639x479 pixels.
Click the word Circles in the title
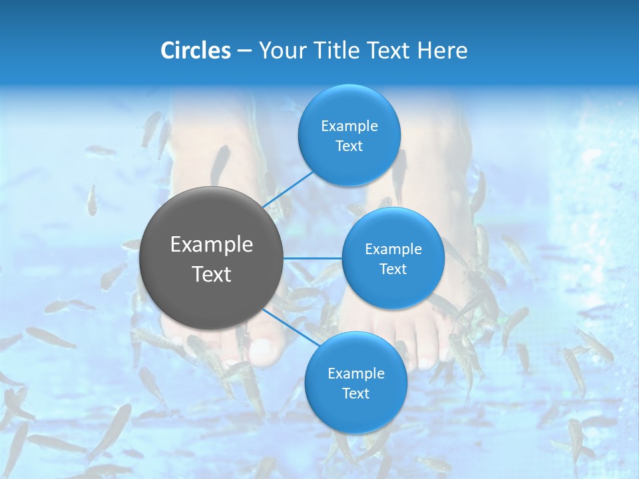[196, 51]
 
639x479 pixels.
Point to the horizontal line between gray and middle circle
[313, 257]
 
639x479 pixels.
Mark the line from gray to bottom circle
[286, 326]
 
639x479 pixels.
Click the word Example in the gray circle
[212, 245]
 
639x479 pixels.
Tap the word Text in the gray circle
[212, 274]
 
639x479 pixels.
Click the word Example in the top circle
[349, 126]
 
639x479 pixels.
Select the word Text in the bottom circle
[355, 394]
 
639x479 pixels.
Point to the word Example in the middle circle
[393, 249]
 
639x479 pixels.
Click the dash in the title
[244, 51]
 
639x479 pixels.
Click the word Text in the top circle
[349, 146]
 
